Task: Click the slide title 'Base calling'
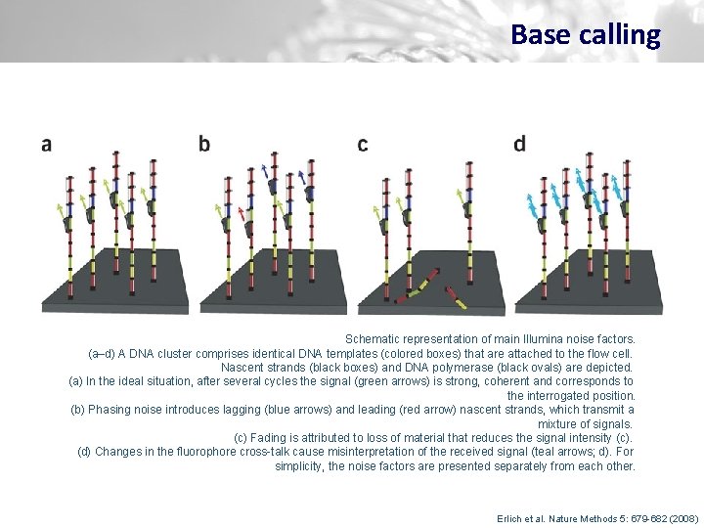click(585, 35)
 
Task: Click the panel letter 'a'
click(46, 145)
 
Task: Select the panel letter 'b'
click(204, 144)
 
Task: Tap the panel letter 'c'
click(363, 145)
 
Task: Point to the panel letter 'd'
click(519, 144)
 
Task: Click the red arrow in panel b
click(242, 213)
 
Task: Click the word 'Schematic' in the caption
click(373, 337)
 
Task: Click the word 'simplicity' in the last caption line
click(300, 466)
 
